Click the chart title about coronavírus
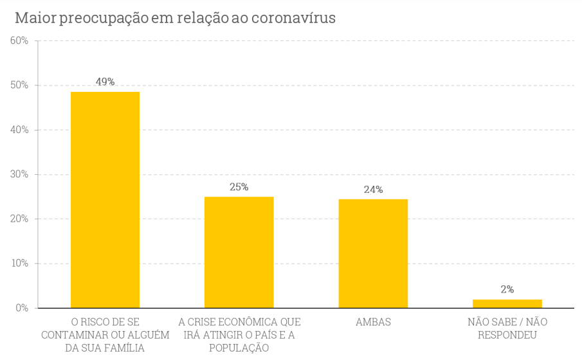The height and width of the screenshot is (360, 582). tap(175, 18)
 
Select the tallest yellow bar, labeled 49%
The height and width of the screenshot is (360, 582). tap(105, 199)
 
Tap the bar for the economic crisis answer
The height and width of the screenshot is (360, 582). tap(239, 252)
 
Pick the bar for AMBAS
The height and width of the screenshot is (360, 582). tap(373, 253)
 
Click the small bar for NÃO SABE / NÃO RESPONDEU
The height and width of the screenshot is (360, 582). tap(507, 303)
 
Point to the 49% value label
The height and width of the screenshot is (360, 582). tap(105, 82)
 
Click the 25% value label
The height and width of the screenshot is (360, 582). tap(239, 187)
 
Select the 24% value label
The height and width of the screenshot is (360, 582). tap(373, 190)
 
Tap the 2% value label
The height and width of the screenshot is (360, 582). tap(507, 289)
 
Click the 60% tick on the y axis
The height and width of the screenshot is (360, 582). tap(19, 41)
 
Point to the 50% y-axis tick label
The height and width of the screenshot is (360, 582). tap(19, 85)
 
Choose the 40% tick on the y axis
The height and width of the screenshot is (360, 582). tap(19, 130)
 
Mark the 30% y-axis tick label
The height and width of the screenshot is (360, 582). tap(19, 174)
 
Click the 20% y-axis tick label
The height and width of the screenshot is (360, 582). tap(19, 219)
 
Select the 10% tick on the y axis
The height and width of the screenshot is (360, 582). tap(19, 263)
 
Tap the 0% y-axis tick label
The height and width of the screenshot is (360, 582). tap(22, 308)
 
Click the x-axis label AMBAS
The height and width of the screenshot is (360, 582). tap(373, 321)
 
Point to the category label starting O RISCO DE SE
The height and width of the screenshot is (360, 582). tap(105, 334)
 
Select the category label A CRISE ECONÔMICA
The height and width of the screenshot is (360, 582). tap(239, 334)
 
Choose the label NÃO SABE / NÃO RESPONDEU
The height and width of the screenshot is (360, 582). tap(507, 328)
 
